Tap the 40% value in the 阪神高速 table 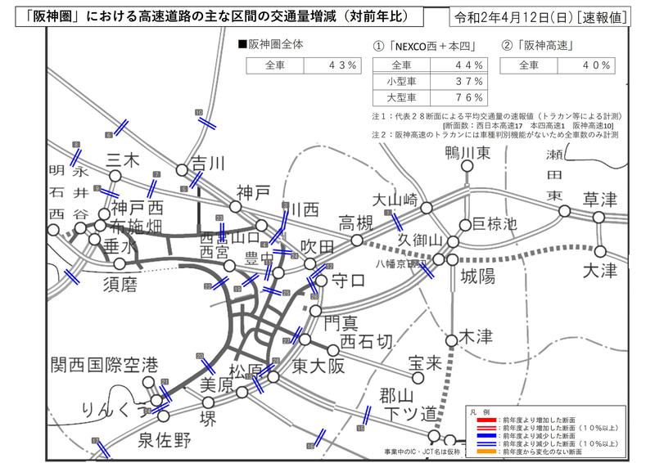(x=596, y=65)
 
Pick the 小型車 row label (x=402, y=81)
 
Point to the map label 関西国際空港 (x=103, y=365)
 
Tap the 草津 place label (x=600, y=199)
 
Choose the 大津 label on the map (x=600, y=270)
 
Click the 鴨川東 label (x=468, y=153)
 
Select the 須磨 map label (x=124, y=284)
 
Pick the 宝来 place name (x=425, y=360)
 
